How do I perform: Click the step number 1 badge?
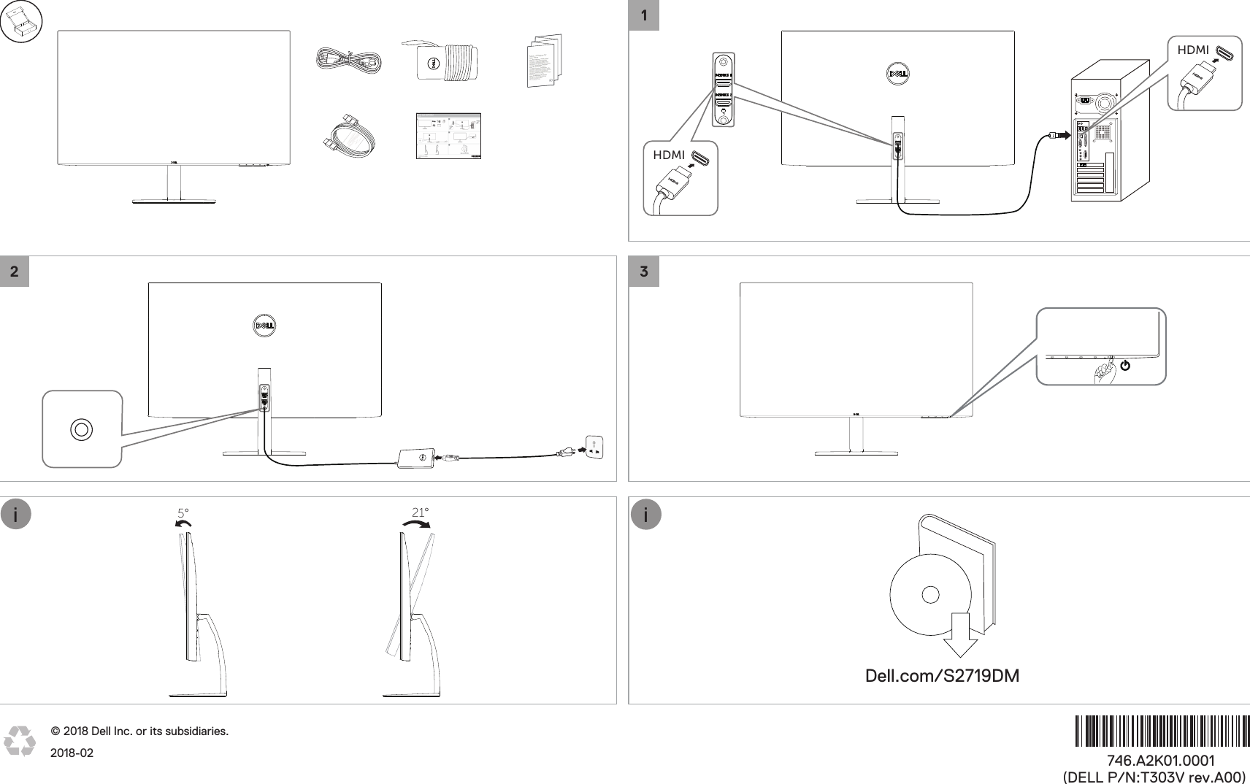(x=643, y=15)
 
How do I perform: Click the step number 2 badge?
(x=15, y=272)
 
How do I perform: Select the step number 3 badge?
(x=643, y=272)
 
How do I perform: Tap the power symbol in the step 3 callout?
(x=1125, y=365)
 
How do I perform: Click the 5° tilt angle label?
(x=183, y=513)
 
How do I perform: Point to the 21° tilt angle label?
(x=420, y=512)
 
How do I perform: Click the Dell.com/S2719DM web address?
(x=942, y=676)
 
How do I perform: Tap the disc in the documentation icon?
(x=930, y=595)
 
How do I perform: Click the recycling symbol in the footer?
(x=20, y=740)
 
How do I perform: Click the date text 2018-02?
(x=72, y=753)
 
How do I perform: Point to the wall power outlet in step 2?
(x=594, y=447)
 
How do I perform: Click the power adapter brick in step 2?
(x=415, y=459)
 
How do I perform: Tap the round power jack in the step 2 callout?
(x=81, y=429)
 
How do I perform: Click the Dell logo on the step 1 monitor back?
(x=897, y=73)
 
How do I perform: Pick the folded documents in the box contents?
(x=545, y=60)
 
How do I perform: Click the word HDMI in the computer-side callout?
(x=1193, y=50)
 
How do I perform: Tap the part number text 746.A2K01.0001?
(x=1160, y=761)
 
